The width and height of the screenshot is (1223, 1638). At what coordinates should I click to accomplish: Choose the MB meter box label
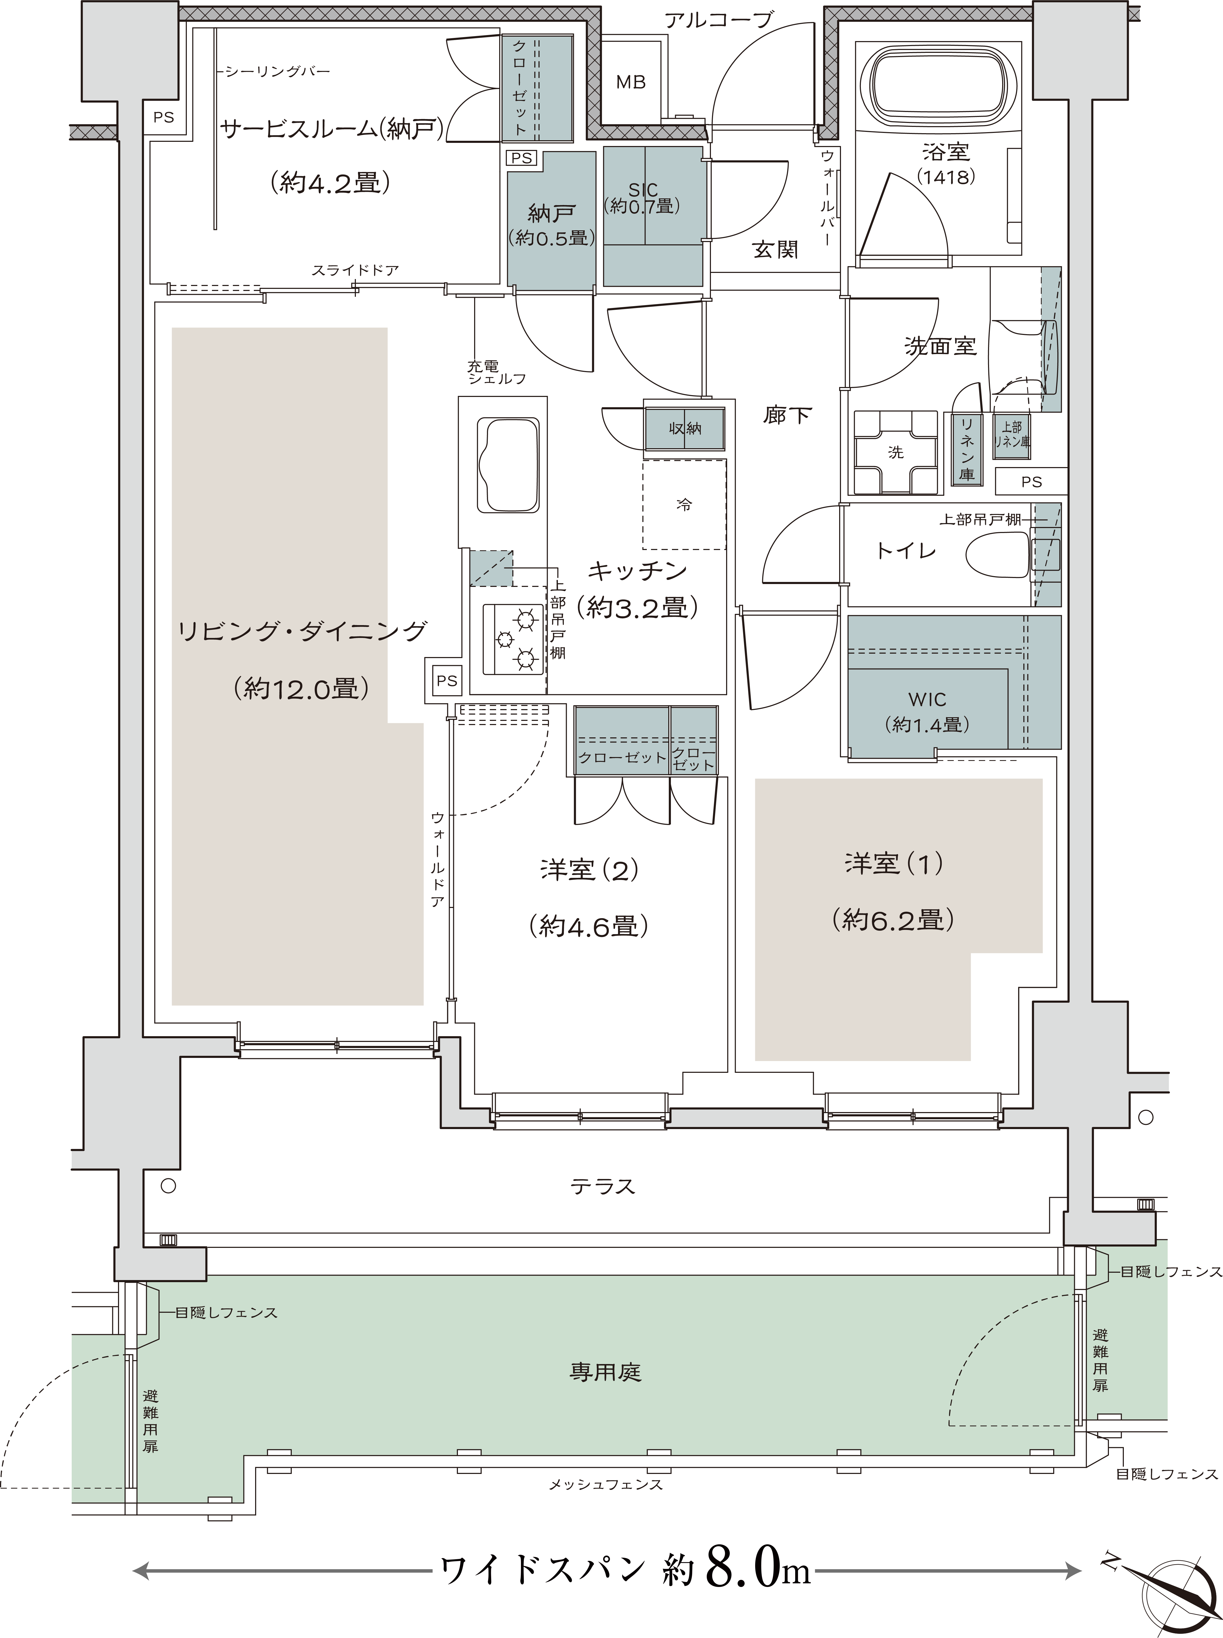pyautogui.click(x=631, y=82)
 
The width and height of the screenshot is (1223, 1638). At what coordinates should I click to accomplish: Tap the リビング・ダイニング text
pyautogui.click(x=302, y=631)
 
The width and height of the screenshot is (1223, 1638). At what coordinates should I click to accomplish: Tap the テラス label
pyautogui.click(x=603, y=1186)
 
